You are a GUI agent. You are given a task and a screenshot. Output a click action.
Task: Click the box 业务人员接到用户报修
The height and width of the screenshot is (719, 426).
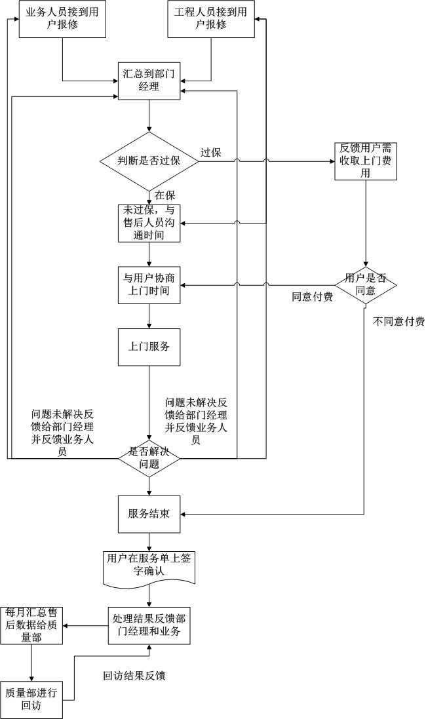tap(62, 18)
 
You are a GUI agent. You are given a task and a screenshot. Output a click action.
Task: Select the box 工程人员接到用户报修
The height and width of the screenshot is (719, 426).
tap(210, 18)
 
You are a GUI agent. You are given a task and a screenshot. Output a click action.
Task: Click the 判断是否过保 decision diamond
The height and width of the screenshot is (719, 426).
tap(149, 161)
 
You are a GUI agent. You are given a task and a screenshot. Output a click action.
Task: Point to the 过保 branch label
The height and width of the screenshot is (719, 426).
tap(210, 153)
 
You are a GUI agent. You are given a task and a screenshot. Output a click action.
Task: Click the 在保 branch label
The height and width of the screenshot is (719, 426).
tap(165, 195)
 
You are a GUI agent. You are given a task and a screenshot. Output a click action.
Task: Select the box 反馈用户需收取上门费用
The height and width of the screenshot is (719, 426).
tap(365, 161)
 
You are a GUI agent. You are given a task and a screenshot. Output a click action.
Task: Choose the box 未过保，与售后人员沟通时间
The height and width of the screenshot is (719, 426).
tap(149, 223)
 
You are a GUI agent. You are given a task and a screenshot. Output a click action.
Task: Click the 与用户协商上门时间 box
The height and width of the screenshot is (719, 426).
tap(149, 284)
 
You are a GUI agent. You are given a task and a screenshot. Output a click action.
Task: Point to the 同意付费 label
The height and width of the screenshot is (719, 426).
tap(312, 297)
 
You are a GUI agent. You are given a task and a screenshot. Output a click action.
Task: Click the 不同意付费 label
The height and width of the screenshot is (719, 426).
tap(398, 321)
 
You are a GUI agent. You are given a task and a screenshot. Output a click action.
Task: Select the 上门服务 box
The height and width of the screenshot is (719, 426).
tap(149, 346)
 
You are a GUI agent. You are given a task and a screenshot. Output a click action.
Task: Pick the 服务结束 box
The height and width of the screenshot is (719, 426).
tap(149, 513)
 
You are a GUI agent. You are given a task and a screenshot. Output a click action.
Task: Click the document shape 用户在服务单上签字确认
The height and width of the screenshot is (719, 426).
tap(149, 565)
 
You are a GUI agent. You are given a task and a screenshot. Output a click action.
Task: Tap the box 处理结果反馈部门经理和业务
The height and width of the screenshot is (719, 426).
tap(149, 625)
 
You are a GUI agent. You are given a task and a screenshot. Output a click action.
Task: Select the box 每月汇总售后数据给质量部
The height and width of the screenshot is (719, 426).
tap(31, 625)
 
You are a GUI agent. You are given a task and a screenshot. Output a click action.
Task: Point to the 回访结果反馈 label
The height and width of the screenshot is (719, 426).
tap(134, 676)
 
